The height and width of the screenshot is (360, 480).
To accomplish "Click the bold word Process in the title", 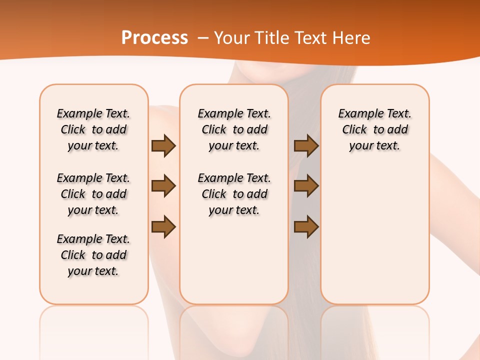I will point(154,38).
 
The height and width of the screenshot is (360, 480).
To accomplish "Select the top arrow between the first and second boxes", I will point(163,145).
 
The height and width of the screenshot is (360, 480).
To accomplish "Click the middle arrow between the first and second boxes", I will point(163,186).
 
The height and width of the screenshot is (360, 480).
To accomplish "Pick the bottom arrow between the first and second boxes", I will point(163,227).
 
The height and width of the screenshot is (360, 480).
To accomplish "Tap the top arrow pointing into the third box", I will point(306,145).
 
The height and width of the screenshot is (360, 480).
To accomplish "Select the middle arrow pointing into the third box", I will point(306,186).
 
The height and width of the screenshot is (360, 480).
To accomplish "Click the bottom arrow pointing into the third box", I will point(306,227).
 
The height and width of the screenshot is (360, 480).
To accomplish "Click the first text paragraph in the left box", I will point(93,129).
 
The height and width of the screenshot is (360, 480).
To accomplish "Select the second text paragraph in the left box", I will point(93,194).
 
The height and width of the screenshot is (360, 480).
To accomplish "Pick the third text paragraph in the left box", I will point(93,255).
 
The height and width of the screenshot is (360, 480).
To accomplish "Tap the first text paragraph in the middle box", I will point(234,129).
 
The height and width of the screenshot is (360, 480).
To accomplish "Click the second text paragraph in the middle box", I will point(234,194).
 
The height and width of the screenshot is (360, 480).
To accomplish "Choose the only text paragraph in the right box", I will point(375,129).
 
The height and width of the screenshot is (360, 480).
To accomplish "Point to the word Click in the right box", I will point(354,130).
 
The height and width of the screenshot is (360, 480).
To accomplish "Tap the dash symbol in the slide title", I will point(202,38).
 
